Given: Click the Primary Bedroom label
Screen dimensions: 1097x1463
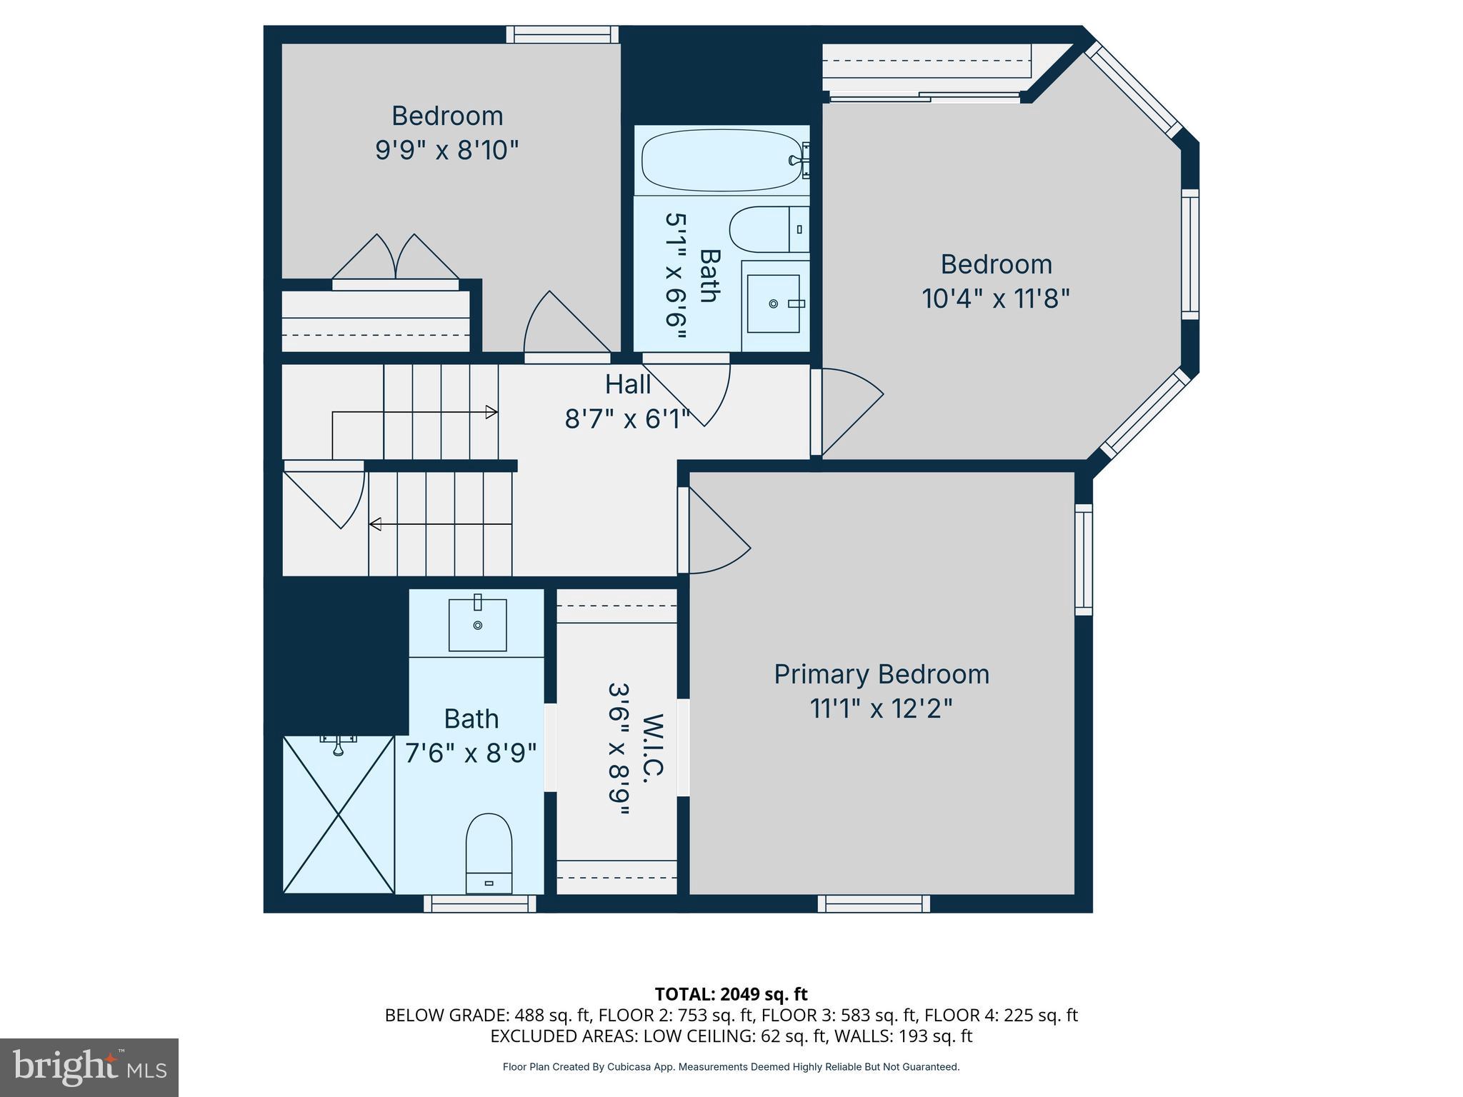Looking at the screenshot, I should pos(881,674).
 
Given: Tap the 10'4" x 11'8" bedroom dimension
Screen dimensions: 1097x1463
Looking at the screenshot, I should pos(995,299).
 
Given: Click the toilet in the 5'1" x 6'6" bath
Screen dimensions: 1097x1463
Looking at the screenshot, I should pos(768,229).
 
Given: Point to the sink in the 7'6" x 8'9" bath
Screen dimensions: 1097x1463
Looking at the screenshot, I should pos(477,625).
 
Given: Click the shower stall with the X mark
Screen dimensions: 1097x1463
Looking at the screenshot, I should pos(339,815).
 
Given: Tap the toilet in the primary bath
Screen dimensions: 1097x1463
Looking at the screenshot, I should pos(489,853).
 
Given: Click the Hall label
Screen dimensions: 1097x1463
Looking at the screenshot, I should pos(627,385).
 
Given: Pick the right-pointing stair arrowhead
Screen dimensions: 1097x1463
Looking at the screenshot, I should pos(491,412).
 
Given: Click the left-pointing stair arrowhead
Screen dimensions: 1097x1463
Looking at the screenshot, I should pos(374,524).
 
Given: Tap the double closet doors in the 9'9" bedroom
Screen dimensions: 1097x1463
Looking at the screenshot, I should pos(395,259).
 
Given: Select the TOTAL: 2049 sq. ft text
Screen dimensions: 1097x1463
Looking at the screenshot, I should pos(731,994).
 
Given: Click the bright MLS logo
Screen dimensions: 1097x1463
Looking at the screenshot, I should pos(89,1067).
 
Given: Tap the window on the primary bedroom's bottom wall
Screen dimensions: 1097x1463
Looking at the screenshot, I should pos(874,904).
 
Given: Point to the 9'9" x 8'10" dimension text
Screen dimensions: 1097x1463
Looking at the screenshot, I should pos(446,151).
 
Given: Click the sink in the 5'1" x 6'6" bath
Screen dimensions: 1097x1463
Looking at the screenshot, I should pos(774,304).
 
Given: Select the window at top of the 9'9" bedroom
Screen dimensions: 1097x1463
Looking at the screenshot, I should pos(563,34).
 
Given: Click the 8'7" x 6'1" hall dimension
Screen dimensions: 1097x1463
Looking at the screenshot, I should pos(627,419).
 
